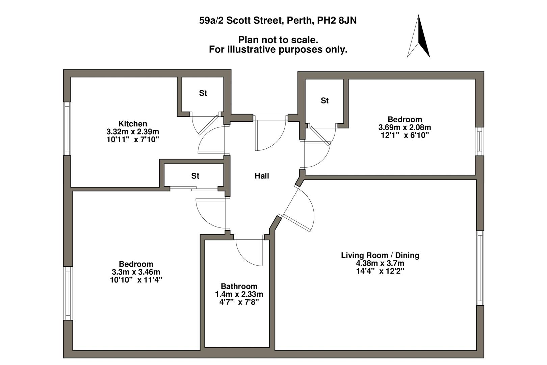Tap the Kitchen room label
pyautogui.click(x=133, y=124)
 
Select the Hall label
pyautogui.click(x=262, y=176)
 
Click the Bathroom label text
pyautogui.click(x=239, y=287)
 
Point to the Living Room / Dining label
pyautogui.click(x=380, y=255)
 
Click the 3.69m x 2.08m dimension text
pyautogui.click(x=405, y=127)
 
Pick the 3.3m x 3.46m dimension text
pyautogui.click(x=136, y=272)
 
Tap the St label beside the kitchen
pyautogui.click(x=203, y=93)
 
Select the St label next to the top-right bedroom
pyautogui.click(x=324, y=101)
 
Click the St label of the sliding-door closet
pyautogui.click(x=195, y=176)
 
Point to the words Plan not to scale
pyautogui.click(x=278, y=40)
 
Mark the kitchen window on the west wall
pyautogui.click(x=67, y=128)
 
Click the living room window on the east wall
pyautogui.click(x=480, y=268)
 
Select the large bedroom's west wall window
pyautogui.click(x=68, y=293)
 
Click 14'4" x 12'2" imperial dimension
pyautogui.click(x=380, y=271)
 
